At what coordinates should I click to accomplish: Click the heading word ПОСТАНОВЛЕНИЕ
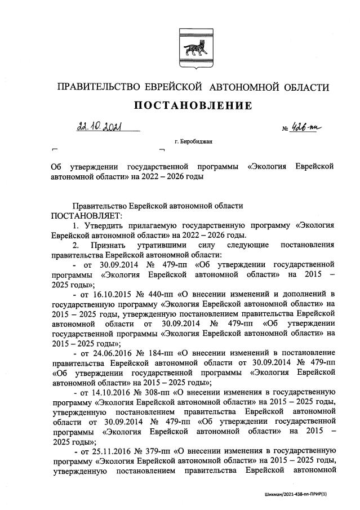point(192,106)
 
